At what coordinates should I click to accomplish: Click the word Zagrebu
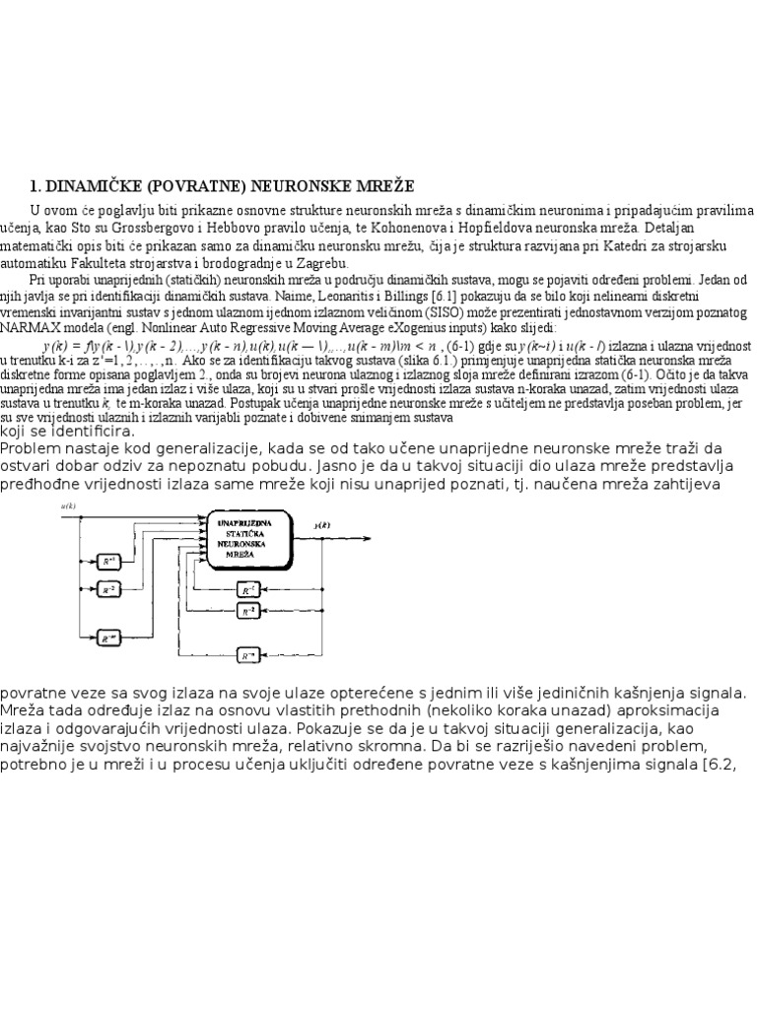320,264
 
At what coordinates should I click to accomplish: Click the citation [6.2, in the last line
728,766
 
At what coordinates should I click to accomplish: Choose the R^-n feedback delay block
248,653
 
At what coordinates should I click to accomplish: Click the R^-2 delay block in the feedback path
248,611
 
